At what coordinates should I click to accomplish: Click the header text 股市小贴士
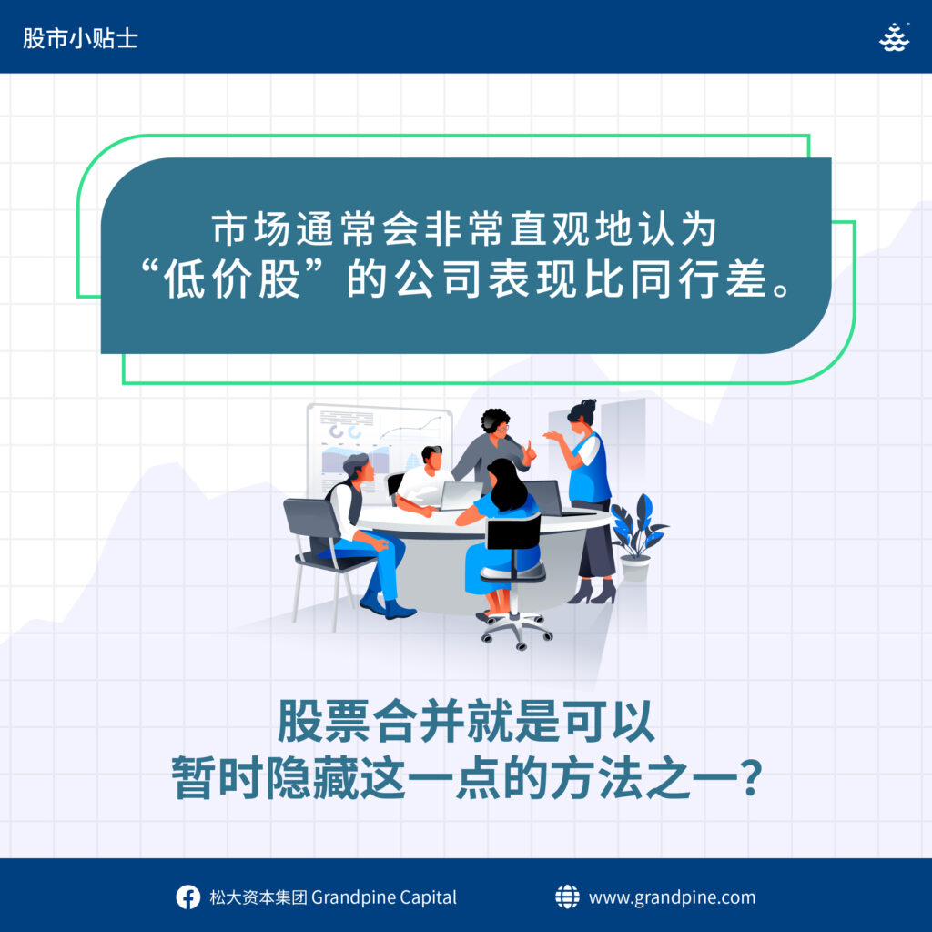pyautogui.click(x=80, y=38)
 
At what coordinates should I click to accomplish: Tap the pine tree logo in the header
pyautogui.click(x=894, y=37)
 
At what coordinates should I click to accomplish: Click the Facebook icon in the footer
pyautogui.click(x=187, y=897)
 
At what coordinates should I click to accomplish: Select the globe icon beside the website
pyautogui.click(x=567, y=897)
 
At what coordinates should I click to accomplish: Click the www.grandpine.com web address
pyautogui.click(x=673, y=897)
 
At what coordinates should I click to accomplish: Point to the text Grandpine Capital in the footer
pyautogui.click(x=384, y=897)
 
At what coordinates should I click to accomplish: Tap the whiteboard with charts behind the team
pyautogui.click(x=379, y=449)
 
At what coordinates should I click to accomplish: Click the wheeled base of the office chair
pyautogui.click(x=517, y=631)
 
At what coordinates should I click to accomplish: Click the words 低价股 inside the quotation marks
pyautogui.click(x=231, y=279)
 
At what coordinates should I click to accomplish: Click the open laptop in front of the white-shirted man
pyautogui.click(x=461, y=496)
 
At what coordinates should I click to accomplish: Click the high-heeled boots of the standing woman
pyautogui.click(x=593, y=592)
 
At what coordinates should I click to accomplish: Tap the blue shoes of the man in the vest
pyautogui.click(x=387, y=604)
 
